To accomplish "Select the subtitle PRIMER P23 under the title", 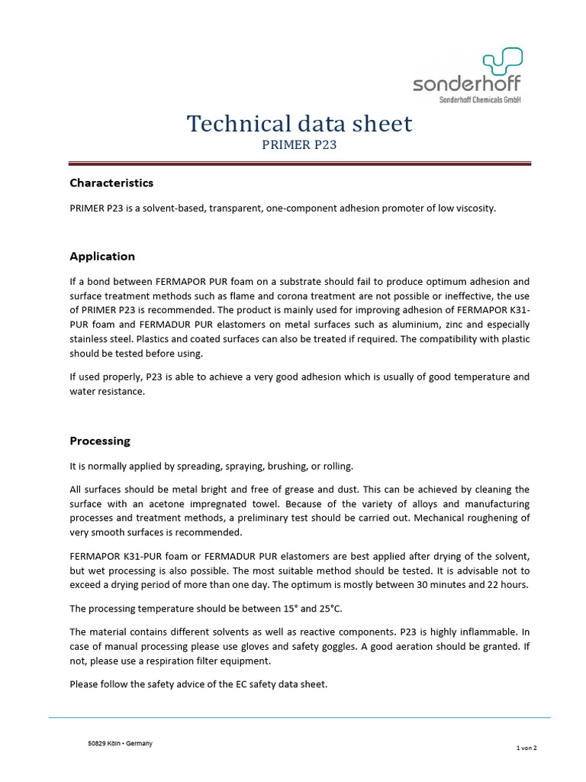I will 299,144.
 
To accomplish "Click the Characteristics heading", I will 111,183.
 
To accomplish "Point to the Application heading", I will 102,257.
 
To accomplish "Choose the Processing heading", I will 100,441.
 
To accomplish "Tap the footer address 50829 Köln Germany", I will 121,744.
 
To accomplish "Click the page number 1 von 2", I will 526,748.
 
